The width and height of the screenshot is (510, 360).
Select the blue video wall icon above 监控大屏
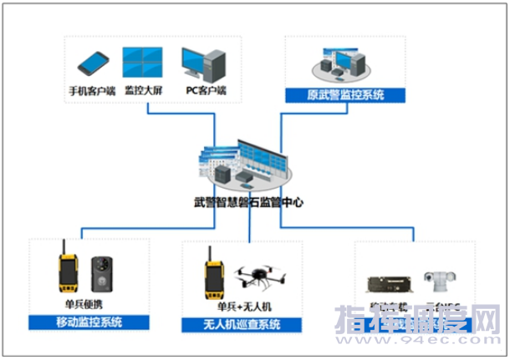(141, 62)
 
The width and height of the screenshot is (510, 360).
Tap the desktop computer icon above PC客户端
(204, 63)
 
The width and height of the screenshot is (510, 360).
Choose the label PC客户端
(204, 89)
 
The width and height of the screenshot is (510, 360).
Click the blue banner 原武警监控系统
(345, 95)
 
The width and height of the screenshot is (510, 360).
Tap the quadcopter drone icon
(260, 279)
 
